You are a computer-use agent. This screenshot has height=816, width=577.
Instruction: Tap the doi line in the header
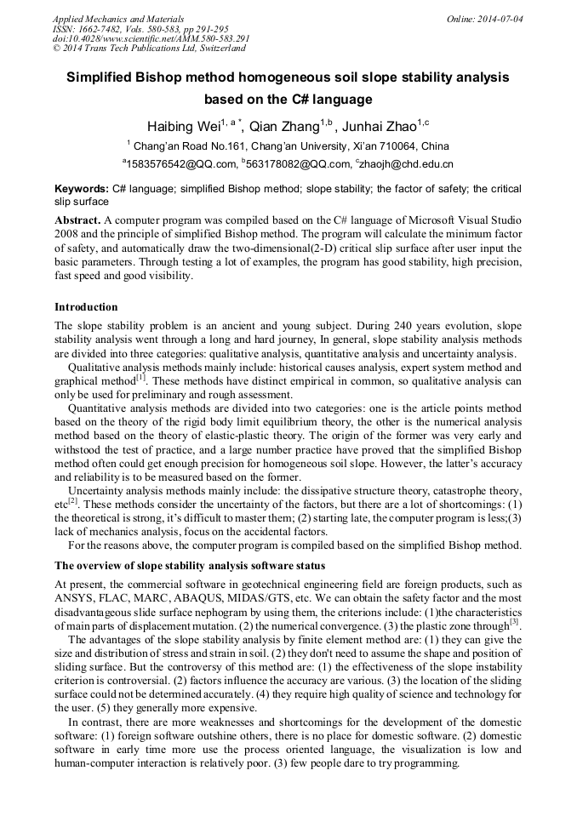(151, 39)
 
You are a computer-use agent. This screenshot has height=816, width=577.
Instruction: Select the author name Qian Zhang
(283, 127)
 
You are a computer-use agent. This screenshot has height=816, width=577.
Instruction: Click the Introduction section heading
(86, 306)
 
